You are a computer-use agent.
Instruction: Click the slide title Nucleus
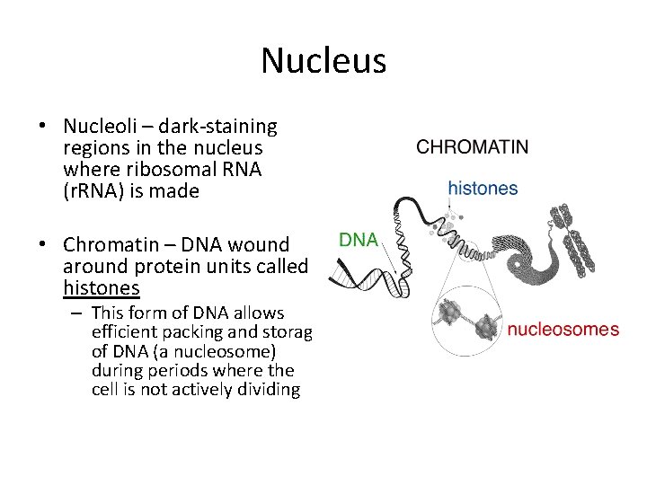[x=323, y=61]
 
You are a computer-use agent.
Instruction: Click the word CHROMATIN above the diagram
[x=473, y=147]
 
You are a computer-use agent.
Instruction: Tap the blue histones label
[x=483, y=189]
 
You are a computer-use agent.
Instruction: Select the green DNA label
[x=358, y=240]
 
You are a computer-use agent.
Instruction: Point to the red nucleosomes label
[x=563, y=330]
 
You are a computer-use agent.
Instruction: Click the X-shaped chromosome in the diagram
[x=572, y=239]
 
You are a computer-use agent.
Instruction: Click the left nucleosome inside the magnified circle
[x=448, y=313]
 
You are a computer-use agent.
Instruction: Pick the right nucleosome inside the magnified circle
[x=488, y=324]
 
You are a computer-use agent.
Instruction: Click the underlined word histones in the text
[x=101, y=287]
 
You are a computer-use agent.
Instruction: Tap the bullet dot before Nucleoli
[x=43, y=127]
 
